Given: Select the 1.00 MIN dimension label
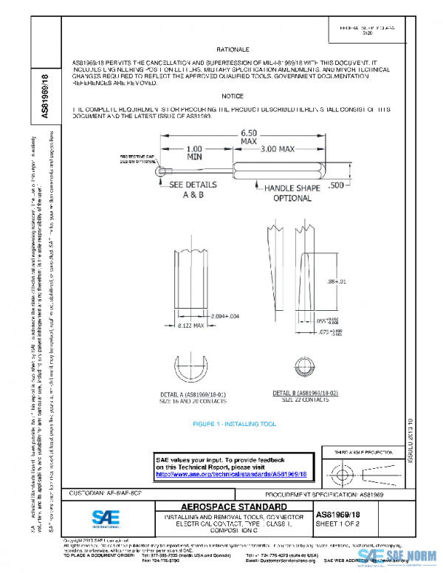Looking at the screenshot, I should pos(194,152).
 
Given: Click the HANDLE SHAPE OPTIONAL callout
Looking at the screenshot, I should pos(292,193).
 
